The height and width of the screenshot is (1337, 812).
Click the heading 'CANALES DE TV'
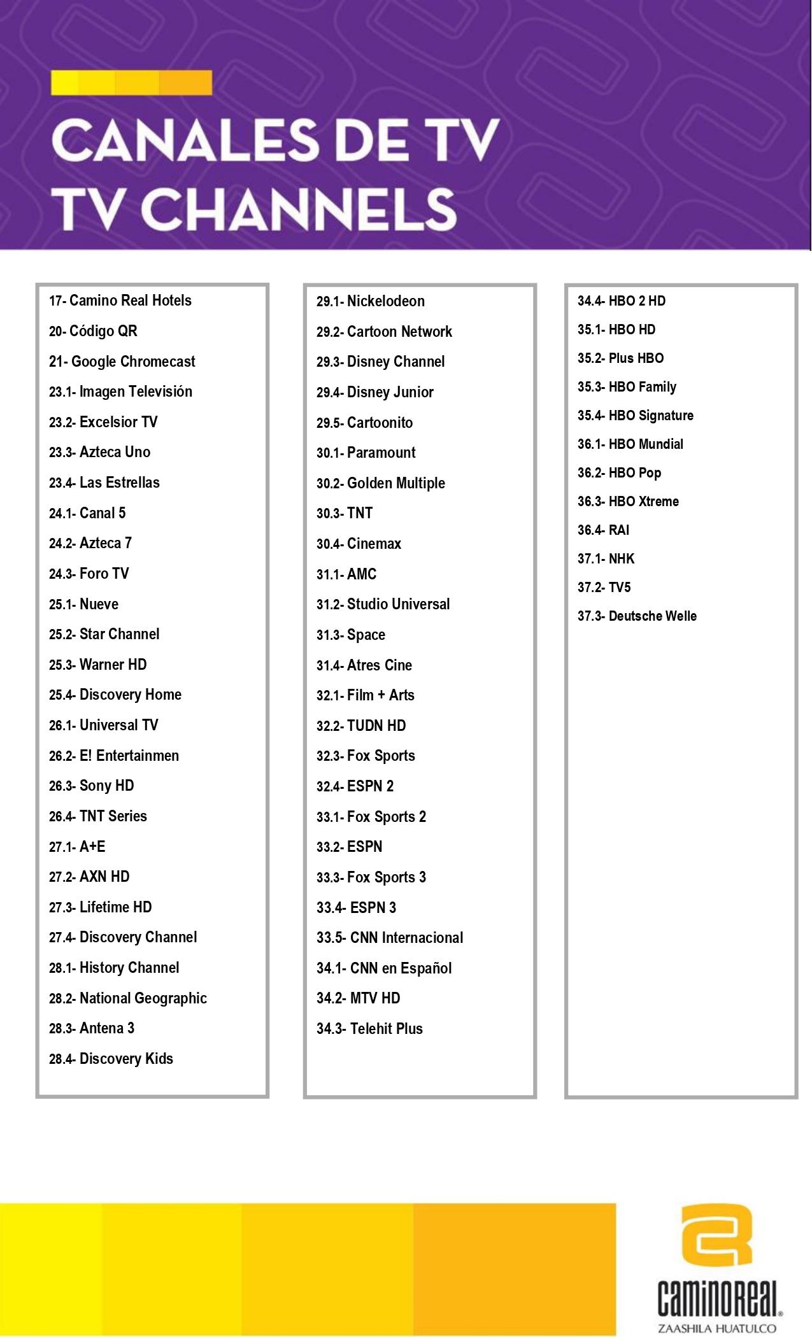click(275, 139)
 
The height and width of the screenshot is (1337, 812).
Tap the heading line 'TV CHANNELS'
click(255, 208)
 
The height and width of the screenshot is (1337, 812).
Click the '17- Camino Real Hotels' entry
click(120, 301)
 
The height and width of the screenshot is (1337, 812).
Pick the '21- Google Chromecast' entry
click(122, 362)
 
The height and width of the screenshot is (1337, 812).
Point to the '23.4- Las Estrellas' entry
click(104, 483)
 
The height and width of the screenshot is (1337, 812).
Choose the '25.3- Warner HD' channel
click(98, 665)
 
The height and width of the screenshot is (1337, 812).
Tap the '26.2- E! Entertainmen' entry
click(114, 756)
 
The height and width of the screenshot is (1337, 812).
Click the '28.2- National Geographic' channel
click(128, 998)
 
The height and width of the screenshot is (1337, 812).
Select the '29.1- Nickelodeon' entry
click(371, 301)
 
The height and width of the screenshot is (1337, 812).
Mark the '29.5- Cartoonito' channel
click(365, 423)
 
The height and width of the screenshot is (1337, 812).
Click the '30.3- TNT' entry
click(345, 513)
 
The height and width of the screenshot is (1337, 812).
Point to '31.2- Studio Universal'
click(383, 604)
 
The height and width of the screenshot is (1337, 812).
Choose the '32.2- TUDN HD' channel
click(361, 726)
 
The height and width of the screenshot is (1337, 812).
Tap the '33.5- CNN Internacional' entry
click(390, 938)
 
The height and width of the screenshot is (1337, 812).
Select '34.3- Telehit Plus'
click(369, 1029)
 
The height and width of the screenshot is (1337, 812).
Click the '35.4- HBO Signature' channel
click(636, 416)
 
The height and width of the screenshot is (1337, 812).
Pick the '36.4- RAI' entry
click(603, 530)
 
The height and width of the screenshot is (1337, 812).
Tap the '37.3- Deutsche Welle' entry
click(637, 616)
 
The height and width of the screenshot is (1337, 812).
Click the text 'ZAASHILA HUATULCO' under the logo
click(717, 1328)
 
